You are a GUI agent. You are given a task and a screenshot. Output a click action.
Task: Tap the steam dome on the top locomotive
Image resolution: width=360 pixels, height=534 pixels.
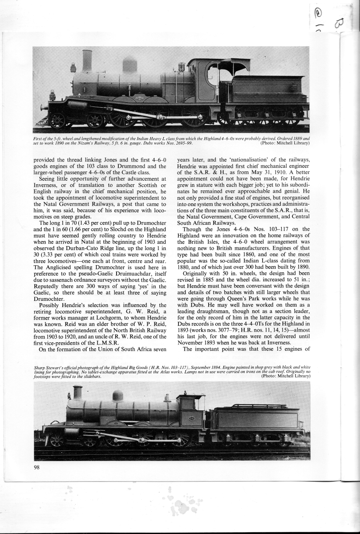[129, 65]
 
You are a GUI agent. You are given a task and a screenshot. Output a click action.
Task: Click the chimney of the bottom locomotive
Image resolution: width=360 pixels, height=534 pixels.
[77, 392]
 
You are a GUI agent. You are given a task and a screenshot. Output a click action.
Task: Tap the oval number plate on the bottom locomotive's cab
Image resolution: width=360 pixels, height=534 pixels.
[192, 418]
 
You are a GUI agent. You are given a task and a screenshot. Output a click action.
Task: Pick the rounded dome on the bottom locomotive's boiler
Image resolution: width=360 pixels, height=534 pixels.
[117, 396]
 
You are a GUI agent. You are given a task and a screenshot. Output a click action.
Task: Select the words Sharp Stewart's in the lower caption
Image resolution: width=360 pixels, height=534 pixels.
[49, 368]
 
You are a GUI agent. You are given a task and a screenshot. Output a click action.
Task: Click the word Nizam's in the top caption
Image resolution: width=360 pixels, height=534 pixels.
[95, 143]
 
